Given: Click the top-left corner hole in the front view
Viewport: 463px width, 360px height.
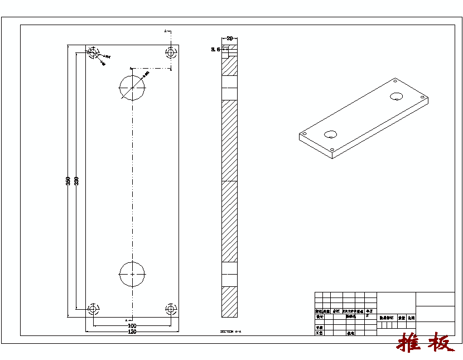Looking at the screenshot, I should (x=93, y=52).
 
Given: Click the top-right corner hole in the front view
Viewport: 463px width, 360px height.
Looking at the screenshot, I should (x=171, y=52).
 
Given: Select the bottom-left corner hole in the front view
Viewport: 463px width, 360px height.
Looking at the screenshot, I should (x=93, y=309).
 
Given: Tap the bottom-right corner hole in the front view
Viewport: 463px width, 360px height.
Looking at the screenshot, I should (x=171, y=309).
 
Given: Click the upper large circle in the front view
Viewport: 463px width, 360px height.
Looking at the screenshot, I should (x=132, y=87).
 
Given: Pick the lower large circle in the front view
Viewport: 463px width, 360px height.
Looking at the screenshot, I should (x=132, y=274).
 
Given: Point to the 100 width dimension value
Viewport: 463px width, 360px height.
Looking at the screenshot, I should (x=132, y=325).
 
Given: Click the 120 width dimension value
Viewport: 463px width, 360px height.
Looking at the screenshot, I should (x=132, y=332).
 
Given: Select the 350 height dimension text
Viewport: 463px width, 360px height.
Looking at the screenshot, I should (x=68, y=181).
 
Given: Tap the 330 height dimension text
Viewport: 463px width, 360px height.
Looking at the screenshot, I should (x=76, y=181).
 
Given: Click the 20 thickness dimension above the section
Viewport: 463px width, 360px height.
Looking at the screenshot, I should (x=229, y=39).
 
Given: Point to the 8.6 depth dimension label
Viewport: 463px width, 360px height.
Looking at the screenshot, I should (x=215, y=50).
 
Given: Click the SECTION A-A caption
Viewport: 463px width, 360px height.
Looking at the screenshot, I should (x=230, y=332).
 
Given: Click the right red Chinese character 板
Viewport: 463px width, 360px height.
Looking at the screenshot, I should (x=441, y=343).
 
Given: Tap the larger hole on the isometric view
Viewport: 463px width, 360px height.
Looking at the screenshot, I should (x=397, y=96).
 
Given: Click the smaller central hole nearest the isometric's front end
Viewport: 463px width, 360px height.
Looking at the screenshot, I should (x=331, y=134).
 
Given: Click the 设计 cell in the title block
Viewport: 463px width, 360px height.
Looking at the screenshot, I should (x=320, y=316).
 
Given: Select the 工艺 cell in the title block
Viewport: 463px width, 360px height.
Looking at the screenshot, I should (x=320, y=333).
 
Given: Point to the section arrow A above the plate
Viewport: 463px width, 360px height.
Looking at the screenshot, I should (x=166, y=32).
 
